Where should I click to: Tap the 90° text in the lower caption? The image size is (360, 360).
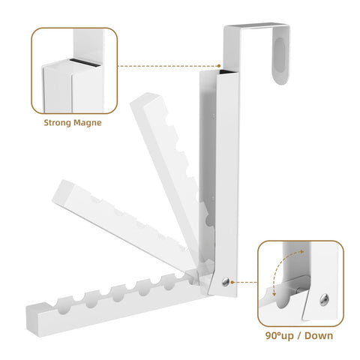[x=273, y=335]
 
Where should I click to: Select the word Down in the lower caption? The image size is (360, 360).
[x=319, y=335]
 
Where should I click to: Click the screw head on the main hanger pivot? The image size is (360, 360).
[x=226, y=282]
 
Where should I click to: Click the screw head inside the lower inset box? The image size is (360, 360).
[x=324, y=299]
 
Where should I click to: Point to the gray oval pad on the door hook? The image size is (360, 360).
[x=280, y=53]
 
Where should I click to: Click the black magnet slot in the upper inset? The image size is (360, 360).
[x=85, y=63]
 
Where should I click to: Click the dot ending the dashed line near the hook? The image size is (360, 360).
[x=219, y=66]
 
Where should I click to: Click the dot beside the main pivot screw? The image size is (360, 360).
[x=232, y=282]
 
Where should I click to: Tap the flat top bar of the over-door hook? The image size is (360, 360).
[x=256, y=25]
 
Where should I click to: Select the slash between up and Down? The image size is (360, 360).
[x=298, y=336]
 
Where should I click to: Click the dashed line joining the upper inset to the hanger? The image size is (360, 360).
[x=168, y=66]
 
